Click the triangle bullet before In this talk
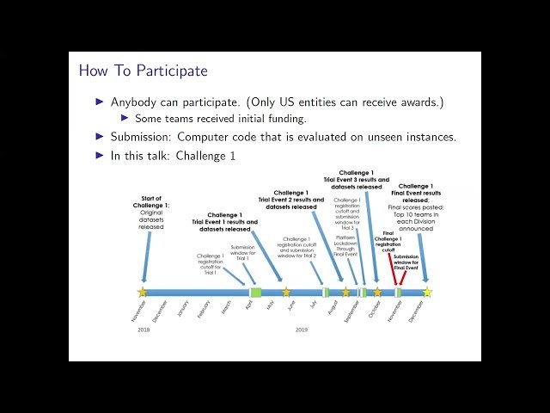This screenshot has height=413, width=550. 100,155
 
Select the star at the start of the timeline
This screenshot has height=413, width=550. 143,293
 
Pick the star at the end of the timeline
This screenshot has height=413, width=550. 426,293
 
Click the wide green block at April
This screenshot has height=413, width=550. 255,293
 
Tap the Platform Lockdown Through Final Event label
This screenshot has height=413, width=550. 346,243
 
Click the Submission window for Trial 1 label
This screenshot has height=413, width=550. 248,253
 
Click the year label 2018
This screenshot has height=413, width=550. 143,330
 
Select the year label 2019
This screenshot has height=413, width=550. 301,330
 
